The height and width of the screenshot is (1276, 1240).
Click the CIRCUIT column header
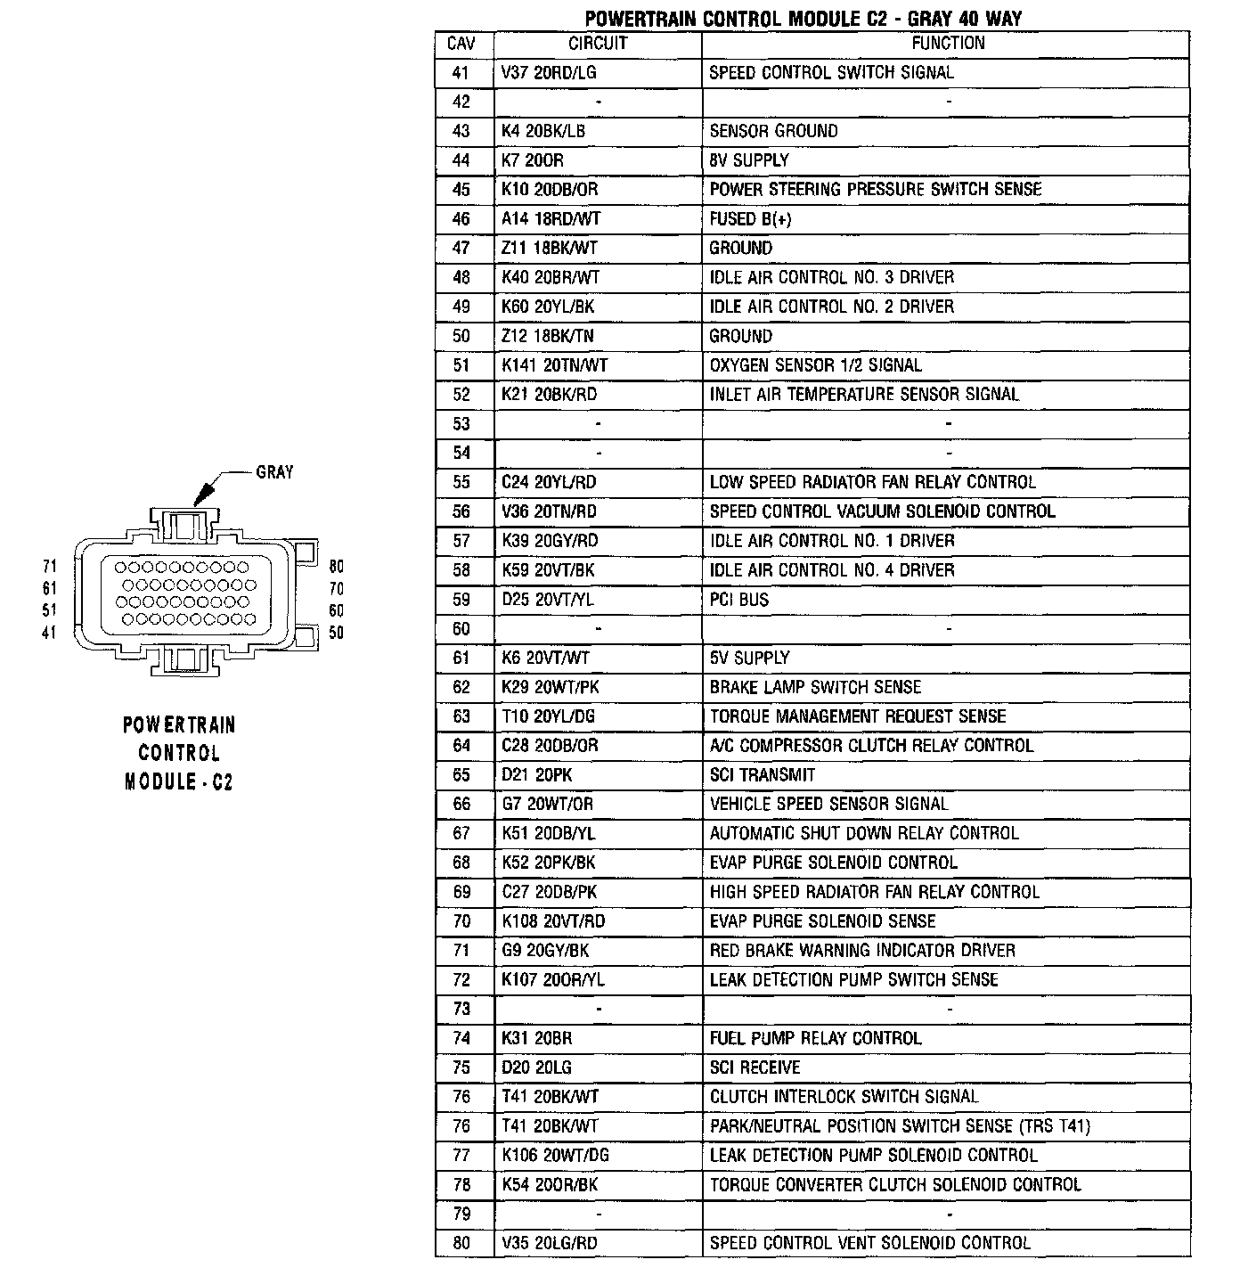pyautogui.click(x=598, y=44)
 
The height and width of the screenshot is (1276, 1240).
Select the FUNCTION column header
pyautogui.click(x=947, y=44)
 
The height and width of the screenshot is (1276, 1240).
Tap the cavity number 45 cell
pyautogui.click(x=461, y=190)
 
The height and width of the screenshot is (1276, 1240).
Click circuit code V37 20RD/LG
pyautogui.click(x=549, y=73)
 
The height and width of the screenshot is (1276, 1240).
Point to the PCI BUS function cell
pyautogui.click(x=739, y=600)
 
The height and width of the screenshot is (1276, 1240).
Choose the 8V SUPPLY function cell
pyautogui.click(x=749, y=160)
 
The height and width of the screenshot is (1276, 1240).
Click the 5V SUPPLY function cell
pyautogui.click(x=749, y=658)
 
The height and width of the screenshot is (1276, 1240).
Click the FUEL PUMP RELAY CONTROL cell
pyautogui.click(x=815, y=1038)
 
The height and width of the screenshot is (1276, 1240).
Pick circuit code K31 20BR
pyautogui.click(x=537, y=1038)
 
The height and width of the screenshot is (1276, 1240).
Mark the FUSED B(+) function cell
pyautogui.click(x=750, y=219)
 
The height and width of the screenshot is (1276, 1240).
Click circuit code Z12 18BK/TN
pyautogui.click(x=548, y=336)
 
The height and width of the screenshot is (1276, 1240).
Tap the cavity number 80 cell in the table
pyautogui.click(x=461, y=1243)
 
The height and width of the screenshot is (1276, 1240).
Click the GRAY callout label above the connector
pyautogui.click(x=274, y=472)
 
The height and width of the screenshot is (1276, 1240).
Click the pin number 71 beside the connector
pyautogui.click(x=49, y=567)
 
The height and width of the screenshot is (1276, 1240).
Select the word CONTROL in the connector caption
pyautogui.click(x=179, y=753)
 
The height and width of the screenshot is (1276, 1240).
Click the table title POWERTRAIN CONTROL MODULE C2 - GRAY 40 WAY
pyautogui.click(x=803, y=18)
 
